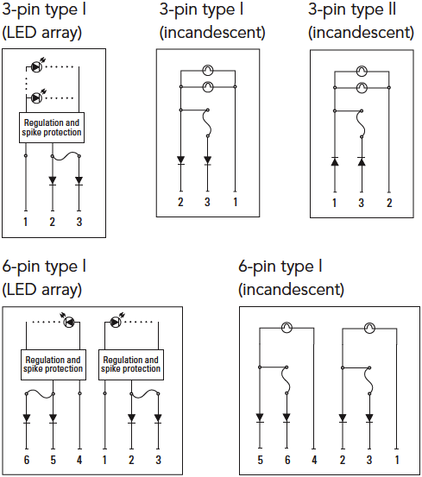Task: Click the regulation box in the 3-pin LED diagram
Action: pos(52,128)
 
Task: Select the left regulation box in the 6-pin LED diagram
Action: pos(54,365)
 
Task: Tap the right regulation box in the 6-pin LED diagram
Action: pos(131,365)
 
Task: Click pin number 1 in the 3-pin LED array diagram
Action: pos(26,222)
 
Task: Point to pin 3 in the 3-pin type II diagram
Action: pos(361,203)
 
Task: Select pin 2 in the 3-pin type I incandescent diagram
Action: pos(180,202)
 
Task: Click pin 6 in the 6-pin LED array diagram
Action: pos(27,460)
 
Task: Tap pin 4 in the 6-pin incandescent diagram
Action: pos(314,460)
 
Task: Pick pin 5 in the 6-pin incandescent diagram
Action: pos(260,460)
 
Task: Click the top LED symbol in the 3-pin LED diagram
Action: pos(36,66)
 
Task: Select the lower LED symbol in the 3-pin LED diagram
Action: pos(36,98)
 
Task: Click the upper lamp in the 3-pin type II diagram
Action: pos(362,72)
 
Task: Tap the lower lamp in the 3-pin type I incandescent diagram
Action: pos(208,87)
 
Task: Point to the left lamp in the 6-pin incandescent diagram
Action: pos(287,328)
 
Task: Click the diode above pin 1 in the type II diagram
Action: pos(335,161)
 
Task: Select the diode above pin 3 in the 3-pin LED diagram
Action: pos(79,180)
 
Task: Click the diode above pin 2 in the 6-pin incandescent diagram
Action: pos(343,418)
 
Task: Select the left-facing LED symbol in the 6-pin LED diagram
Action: pos(69,322)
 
